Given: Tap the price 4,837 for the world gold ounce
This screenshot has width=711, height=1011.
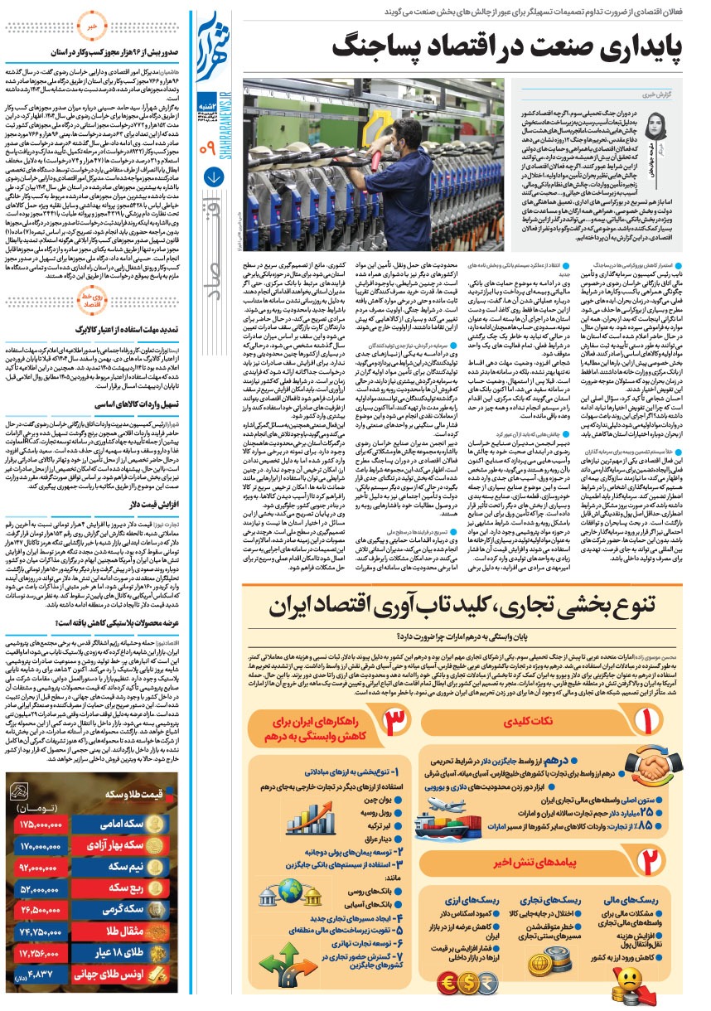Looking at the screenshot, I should point(36,975).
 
